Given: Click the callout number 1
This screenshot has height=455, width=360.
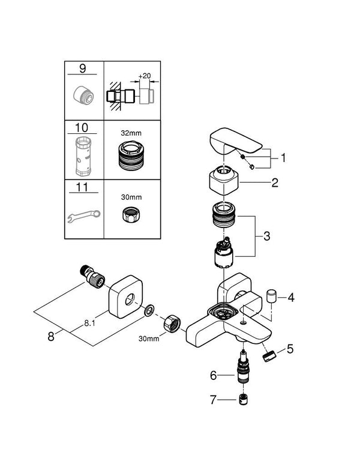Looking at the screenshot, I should [283, 158].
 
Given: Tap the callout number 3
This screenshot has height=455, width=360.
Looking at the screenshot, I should [266, 237].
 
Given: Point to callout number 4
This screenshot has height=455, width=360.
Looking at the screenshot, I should [292, 297].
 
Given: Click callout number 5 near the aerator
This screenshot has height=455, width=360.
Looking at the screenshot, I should [290, 348].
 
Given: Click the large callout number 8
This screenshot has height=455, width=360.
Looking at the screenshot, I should [51, 337].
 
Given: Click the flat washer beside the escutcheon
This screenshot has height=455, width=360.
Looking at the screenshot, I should [149, 311].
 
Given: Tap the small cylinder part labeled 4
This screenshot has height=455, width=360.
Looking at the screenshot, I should [271, 296].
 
